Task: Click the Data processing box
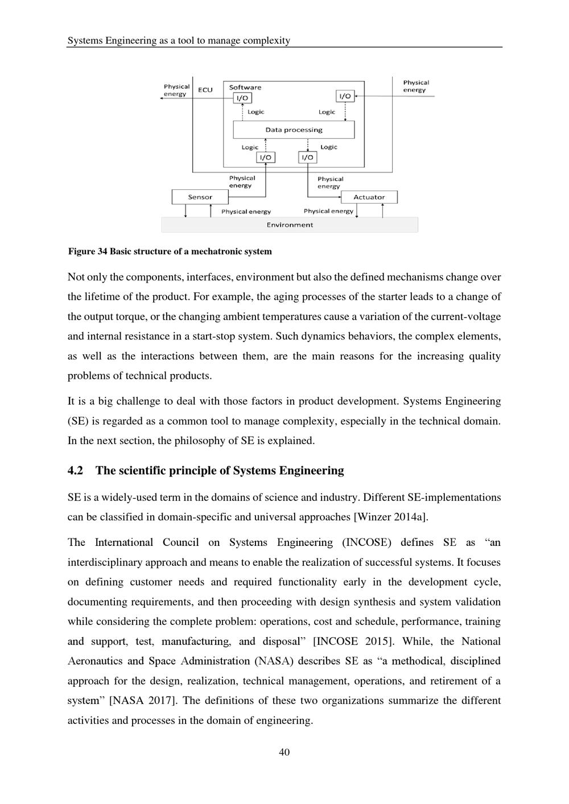[x=294, y=130]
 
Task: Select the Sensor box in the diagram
[x=200, y=197]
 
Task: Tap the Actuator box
[x=369, y=197]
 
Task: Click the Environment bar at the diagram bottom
[x=290, y=225]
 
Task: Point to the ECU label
[x=205, y=90]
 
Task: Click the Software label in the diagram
[x=245, y=87]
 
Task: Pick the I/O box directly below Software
[x=242, y=98]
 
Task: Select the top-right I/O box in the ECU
[x=345, y=96]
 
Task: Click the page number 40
[x=284, y=752]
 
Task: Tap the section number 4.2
[x=75, y=471]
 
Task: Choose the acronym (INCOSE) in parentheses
[x=367, y=542]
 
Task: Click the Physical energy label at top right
[x=416, y=86]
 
